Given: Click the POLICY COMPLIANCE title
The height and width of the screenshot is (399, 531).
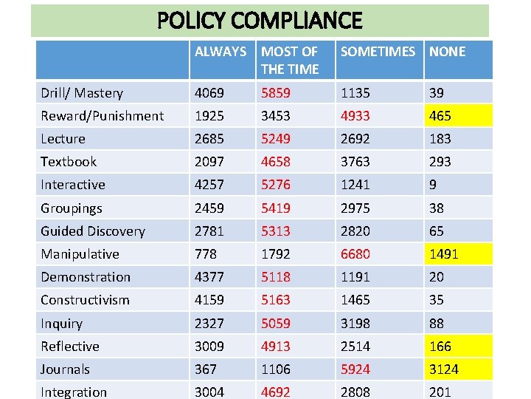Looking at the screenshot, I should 260,21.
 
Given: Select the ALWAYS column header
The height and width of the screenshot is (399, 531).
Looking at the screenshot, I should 220,52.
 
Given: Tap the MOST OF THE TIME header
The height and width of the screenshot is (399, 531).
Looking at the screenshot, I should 290,60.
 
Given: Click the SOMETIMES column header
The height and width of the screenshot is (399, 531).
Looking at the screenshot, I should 378,52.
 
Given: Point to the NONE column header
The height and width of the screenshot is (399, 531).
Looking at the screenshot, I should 448,52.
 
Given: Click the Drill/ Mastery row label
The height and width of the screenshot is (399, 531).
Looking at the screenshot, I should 82,93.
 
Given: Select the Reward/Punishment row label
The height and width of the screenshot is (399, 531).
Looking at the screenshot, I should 102,116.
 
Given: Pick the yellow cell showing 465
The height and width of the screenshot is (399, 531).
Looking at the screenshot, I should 440,116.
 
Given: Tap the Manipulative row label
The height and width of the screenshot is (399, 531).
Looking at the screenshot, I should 80,254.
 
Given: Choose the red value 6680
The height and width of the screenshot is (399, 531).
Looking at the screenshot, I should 355,254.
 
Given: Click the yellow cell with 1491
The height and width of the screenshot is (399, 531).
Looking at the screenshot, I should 444,254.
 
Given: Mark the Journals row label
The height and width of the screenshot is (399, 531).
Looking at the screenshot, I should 65,369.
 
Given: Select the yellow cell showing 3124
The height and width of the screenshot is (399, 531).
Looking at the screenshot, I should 444,369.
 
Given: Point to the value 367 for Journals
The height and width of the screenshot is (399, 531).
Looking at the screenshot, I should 206,369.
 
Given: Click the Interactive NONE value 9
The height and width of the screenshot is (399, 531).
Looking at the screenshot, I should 434,185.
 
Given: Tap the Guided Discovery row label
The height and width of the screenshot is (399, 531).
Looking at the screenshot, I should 93,231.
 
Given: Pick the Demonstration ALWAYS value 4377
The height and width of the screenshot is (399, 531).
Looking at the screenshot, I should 209,277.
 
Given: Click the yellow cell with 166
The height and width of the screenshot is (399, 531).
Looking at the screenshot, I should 440,347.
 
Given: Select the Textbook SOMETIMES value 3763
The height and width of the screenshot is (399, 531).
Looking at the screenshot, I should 355,162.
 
